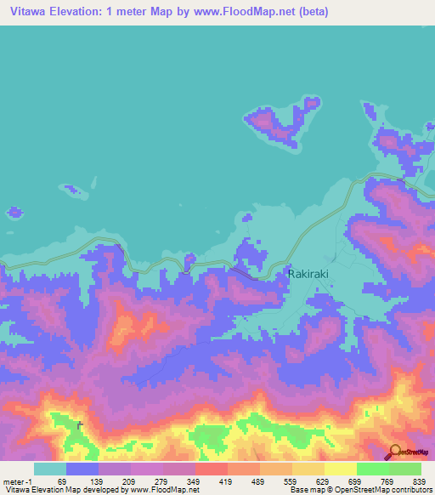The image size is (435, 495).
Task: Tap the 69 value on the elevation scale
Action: tap(62, 481)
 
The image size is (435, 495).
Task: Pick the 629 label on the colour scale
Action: tap(322, 481)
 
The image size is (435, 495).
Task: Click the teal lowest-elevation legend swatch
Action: tap(49, 469)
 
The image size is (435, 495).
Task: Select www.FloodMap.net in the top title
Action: tap(246, 12)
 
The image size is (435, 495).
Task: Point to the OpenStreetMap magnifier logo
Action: tap(395, 452)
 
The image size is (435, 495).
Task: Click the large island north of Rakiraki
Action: tap(275, 123)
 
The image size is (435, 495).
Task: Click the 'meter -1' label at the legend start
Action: tap(18, 481)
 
